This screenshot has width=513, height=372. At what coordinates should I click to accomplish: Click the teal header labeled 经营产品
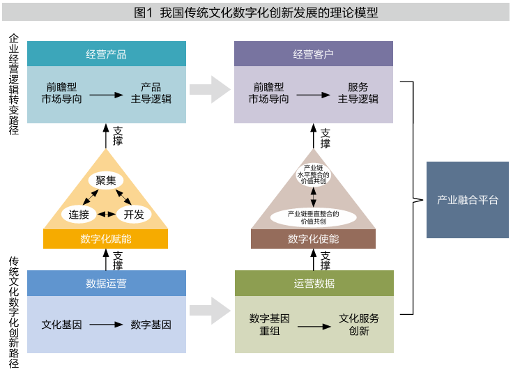click(x=107, y=54)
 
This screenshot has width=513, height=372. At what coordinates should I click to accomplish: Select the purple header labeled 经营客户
click(x=313, y=54)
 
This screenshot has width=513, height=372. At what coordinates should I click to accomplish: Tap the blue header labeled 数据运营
click(x=107, y=284)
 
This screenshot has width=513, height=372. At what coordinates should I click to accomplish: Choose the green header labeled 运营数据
click(x=314, y=284)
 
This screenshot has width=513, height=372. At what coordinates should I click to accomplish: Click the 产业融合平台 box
click(x=467, y=200)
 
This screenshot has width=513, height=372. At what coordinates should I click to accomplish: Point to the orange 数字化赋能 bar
click(x=106, y=239)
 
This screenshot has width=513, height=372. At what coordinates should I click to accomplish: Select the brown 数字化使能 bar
click(x=313, y=239)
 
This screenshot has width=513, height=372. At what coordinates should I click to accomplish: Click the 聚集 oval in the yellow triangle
click(x=106, y=180)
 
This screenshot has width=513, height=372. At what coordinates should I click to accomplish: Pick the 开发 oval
click(x=134, y=214)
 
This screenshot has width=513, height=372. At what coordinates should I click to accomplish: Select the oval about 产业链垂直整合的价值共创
click(x=313, y=217)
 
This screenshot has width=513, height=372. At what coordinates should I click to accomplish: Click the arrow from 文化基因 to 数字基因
click(x=105, y=325)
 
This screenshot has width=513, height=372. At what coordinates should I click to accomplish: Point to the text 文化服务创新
click(x=359, y=325)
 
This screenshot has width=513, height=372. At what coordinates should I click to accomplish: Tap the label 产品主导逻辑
click(x=151, y=93)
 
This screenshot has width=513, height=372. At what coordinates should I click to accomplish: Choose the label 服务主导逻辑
click(x=358, y=93)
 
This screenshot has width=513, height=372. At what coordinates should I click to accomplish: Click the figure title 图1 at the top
click(x=256, y=12)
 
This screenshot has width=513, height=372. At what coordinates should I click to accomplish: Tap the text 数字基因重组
click(x=270, y=325)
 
